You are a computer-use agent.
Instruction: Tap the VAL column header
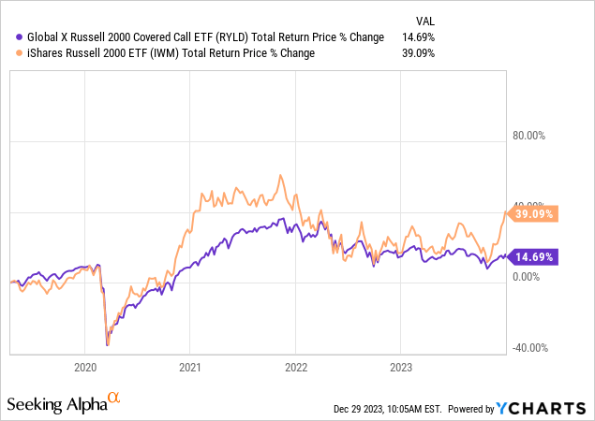(425, 21)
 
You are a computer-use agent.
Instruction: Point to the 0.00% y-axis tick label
(528, 277)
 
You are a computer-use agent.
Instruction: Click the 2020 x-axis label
(85, 367)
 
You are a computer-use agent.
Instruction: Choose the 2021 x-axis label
(190, 367)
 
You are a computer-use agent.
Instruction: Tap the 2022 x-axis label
(296, 367)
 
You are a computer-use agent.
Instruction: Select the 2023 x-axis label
(401, 367)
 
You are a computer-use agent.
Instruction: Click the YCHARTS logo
(543, 408)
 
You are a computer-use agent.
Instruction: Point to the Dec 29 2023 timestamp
(386, 409)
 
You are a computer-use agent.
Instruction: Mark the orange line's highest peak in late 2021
(280, 175)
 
